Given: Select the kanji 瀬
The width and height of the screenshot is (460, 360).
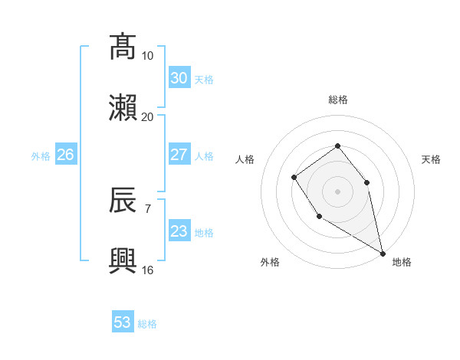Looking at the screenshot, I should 123,108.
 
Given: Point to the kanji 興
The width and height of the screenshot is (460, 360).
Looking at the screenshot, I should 123,261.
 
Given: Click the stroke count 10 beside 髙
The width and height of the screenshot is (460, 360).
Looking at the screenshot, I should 147,56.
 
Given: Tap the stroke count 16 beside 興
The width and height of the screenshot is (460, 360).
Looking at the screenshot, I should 147,270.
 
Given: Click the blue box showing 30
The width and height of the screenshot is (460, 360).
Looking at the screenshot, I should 179,77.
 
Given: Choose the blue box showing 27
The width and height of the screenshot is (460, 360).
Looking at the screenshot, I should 179,155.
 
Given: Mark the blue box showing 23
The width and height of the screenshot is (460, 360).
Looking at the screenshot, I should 179,231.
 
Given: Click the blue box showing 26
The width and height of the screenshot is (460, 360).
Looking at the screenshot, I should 65,155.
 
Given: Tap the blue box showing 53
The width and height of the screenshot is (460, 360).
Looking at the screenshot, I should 123,322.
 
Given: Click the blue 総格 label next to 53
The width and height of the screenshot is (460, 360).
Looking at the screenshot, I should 147,324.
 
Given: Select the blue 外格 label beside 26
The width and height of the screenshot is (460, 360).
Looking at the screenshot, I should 41,156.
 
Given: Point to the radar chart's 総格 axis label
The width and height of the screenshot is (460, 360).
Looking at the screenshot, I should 337,100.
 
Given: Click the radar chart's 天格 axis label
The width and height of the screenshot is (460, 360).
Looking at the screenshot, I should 431,159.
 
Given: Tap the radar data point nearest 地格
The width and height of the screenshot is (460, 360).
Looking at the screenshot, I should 383,253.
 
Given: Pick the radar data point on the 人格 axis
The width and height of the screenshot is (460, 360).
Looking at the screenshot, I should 294,178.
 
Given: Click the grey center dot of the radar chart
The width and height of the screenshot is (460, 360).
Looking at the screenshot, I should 337,191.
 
